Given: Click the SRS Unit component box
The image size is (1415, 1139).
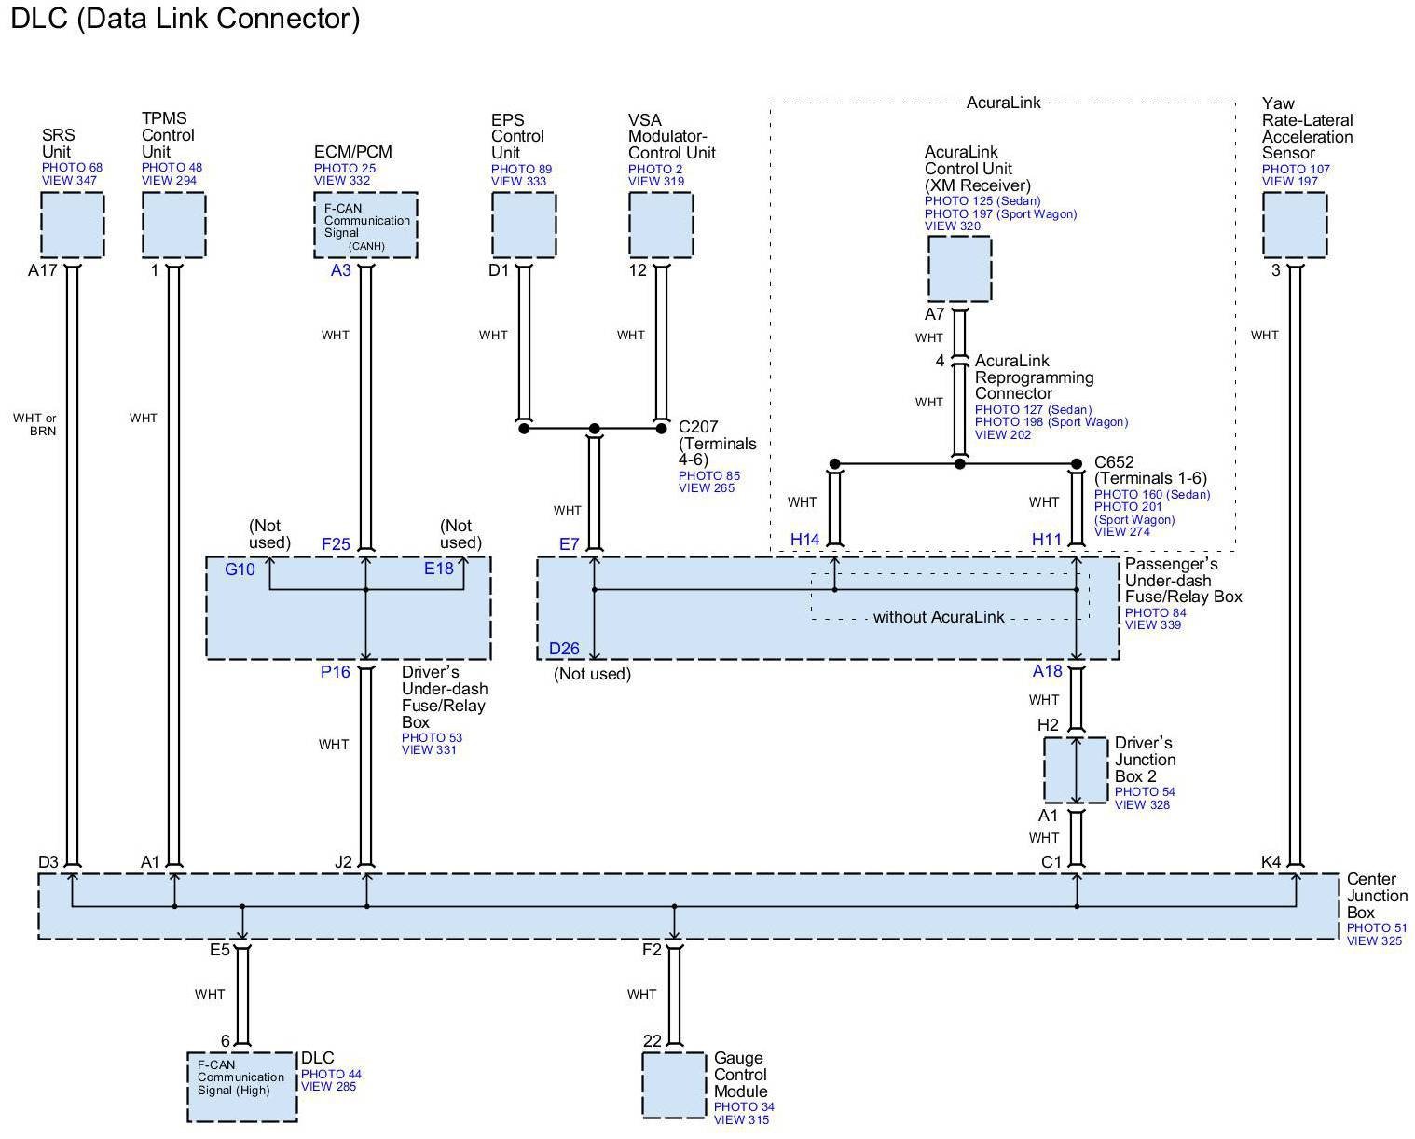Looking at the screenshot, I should click(x=72, y=226).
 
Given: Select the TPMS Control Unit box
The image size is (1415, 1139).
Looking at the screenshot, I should click(x=173, y=226).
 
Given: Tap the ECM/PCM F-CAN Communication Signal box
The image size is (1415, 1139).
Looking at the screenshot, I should click(x=365, y=226).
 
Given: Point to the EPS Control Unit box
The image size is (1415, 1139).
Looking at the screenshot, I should click(x=524, y=226).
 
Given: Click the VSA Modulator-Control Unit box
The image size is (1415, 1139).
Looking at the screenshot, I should click(x=661, y=226).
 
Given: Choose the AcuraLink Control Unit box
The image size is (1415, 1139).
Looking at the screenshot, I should click(x=959, y=268).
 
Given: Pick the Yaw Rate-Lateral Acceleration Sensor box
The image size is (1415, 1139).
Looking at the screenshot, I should click(x=1294, y=226).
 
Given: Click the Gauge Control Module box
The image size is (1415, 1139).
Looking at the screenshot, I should click(x=674, y=1085).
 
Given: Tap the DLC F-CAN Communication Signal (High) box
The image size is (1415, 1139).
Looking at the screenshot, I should click(x=242, y=1087).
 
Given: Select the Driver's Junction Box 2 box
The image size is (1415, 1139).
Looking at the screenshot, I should click(x=1076, y=770).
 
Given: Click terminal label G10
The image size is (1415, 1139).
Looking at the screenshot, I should click(x=240, y=569).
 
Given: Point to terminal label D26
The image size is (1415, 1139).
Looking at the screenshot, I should click(x=564, y=649).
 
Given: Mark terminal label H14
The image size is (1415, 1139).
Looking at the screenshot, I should click(x=805, y=540).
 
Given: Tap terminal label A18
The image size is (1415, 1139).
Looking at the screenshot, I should click(x=1048, y=671).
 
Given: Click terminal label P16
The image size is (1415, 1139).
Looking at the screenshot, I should click(x=336, y=672).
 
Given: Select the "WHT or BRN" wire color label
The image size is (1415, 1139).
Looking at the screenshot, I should click(x=34, y=425).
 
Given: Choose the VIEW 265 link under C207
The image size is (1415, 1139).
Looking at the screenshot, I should click(x=706, y=488).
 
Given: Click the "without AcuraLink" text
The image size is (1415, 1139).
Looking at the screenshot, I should click(x=939, y=617).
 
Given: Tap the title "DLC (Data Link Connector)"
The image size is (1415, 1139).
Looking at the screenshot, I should click(x=185, y=19).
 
